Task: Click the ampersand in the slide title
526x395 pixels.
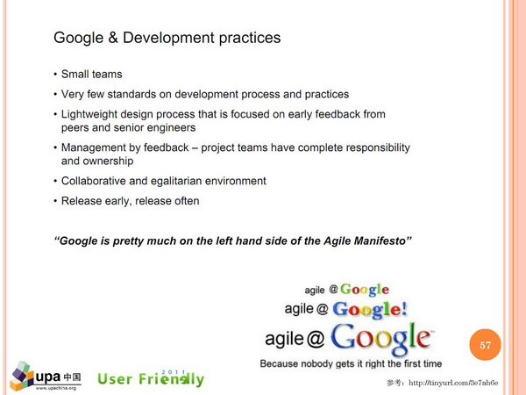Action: (113, 37)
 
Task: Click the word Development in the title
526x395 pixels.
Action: (168, 38)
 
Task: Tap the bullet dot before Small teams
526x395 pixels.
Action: (55, 75)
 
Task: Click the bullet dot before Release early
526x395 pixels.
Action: (55, 201)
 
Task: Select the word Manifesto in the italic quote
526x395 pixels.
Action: (383, 241)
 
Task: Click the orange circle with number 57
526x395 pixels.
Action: (485, 345)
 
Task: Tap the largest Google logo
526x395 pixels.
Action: (381, 339)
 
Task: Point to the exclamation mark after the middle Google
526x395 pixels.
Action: (403, 308)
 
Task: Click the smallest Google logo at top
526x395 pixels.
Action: (365, 290)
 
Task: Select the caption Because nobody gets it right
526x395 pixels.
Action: (351, 363)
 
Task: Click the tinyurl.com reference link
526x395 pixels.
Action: (453, 383)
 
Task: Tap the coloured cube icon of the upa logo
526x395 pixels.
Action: (22, 376)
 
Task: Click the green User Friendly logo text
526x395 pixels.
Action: (151, 378)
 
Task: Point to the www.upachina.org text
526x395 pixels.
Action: (56, 388)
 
